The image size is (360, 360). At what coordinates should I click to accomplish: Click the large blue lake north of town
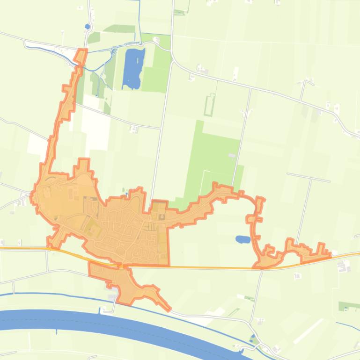133,68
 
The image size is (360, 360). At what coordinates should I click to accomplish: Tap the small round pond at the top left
88,27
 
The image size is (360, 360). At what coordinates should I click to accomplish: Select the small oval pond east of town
242,239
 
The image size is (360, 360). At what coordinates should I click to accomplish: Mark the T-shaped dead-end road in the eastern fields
309,178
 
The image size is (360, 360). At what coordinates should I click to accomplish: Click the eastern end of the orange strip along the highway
330,255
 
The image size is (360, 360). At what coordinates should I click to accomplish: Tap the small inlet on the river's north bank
99,310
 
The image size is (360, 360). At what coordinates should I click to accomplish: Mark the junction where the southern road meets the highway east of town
260,269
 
